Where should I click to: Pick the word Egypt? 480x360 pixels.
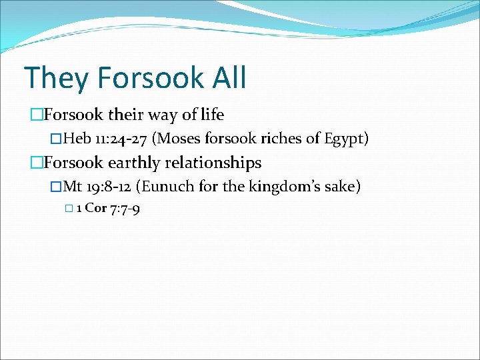(345, 139)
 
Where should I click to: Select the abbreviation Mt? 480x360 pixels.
(73, 187)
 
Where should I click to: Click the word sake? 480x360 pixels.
(343, 187)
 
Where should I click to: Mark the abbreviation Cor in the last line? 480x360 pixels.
(96, 208)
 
